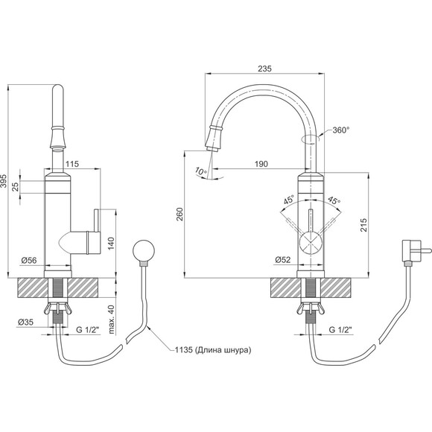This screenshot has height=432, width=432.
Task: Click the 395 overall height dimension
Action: point(4,181)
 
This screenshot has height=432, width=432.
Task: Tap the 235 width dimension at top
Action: point(264,69)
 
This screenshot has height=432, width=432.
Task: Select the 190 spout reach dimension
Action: point(261,164)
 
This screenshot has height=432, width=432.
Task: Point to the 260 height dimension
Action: point(180,214)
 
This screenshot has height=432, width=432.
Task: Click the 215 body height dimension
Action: point(363,225)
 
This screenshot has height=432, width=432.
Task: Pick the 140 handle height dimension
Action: point(111,244)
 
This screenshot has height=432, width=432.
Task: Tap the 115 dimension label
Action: point(72,164)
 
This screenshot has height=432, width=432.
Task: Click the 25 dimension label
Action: point(16,187)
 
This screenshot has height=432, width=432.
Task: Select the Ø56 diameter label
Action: point(29,260)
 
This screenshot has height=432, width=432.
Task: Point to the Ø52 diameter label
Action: point(283,259)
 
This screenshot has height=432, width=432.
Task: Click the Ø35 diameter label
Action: point(25,322)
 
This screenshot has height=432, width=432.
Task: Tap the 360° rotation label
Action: point(341,130)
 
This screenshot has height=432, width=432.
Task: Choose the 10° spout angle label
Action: point(201,171)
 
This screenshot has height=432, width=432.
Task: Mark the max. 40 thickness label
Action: point(111,319)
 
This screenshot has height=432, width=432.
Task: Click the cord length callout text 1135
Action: point(183,350)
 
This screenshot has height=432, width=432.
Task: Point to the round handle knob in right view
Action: point(311,243)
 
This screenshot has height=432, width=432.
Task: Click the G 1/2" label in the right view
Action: point(341,329)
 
